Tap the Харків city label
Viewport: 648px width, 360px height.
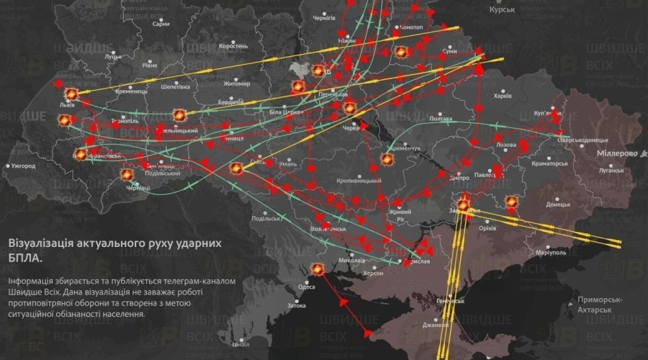(501, 96)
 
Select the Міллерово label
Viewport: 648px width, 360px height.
(618, 154)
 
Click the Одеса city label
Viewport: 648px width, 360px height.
(307, 287)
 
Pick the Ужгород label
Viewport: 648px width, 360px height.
(23, 166)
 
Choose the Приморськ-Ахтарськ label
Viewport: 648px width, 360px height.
(594, 303)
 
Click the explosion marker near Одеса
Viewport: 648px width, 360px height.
(316, 270)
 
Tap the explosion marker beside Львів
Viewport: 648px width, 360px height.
(71, 94)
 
